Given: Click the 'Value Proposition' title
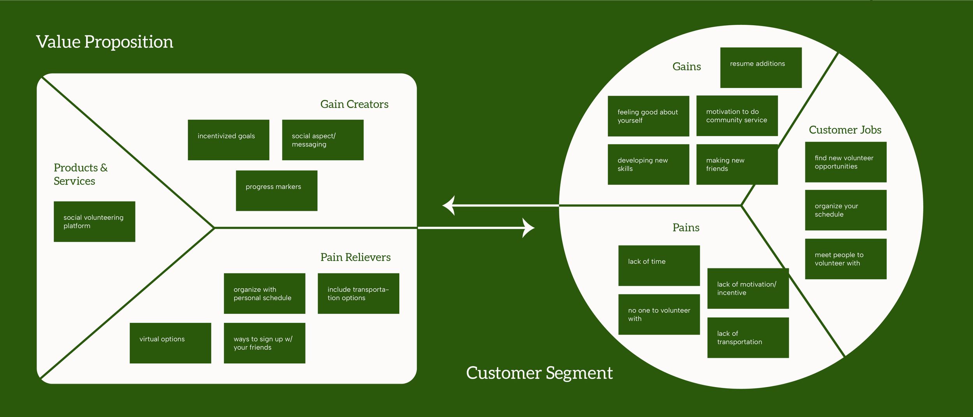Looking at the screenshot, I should coord(105,42).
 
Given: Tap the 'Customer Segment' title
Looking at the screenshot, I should coord(539,373).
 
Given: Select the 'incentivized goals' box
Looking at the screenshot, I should coord(228,140).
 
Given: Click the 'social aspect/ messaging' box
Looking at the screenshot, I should coord(323,140).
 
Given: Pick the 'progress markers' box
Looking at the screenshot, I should coord(276,191).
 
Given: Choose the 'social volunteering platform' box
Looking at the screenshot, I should coord(94,222).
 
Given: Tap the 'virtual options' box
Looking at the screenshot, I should coord(170,343).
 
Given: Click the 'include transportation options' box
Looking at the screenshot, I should coord(358,294).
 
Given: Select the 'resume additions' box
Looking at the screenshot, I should coord(760,68).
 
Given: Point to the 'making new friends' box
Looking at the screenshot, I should coord(737,165).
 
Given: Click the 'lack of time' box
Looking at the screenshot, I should coord(659,266).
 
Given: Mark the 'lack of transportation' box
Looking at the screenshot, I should coord(748,338).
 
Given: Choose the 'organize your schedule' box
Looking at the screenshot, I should coord(845,210).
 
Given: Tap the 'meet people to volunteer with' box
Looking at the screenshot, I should coord(845,259).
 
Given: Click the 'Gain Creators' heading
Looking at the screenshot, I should coord(354,104).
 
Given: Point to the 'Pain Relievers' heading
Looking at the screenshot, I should coord(355,257).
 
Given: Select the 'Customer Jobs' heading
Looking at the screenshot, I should coord(845,130).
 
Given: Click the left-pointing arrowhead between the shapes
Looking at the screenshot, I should coord(449,205).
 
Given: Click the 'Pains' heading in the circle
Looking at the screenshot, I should coord(686,228).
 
